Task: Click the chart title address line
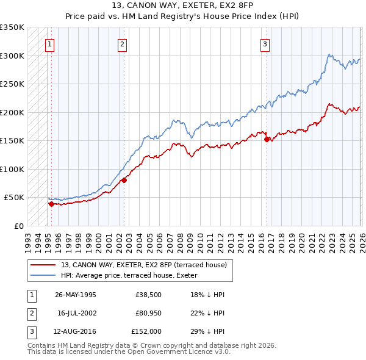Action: [183, 5]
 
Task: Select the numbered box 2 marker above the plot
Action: [123, 43]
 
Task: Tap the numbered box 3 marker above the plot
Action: [265, 43]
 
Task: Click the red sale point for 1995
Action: [51, 204]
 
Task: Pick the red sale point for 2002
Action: [124, 180]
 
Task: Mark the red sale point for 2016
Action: [267, 140]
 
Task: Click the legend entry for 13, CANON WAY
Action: [144, 265]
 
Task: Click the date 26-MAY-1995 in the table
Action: [76, 295]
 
